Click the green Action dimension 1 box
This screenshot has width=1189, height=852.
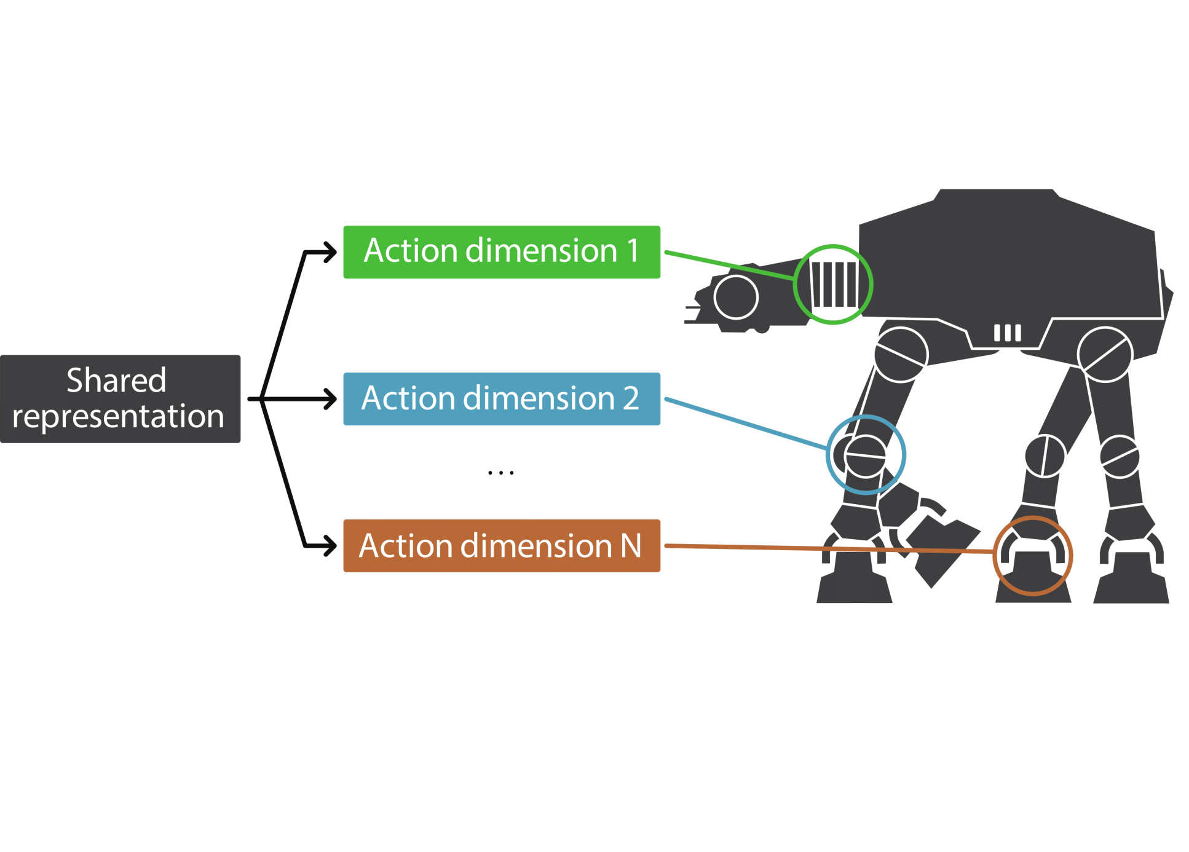pyautogui.click(x=501, y=252)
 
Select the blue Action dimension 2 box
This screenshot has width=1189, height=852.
pyautogui.click(x=501, y=399)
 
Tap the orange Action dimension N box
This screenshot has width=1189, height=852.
pyautogui.click(x=501, y=546)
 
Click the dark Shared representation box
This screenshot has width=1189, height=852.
pyautogui.click(x=120, y=399)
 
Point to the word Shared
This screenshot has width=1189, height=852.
pyautogui.click(x=116, y=381)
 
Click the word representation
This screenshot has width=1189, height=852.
pyautogui.click(x=118, y=416)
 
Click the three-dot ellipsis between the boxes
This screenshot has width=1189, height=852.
pyautogui.click(x=500, y=473)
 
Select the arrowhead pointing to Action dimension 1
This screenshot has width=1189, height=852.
pyautogui.click(x=331, y=251)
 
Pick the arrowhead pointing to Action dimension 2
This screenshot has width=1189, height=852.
pyautogui.click(x=331, y=399)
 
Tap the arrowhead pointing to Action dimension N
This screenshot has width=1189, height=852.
pyautogui.click(x=331, y=546)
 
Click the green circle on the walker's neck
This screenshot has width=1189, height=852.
pyautogui.click(x=832, y=284)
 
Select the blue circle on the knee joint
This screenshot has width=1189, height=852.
pyautogui.click(x=866, y=455)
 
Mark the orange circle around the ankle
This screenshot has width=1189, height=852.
pyautogui.click(x=1033, y=556)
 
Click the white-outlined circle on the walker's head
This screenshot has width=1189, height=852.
pyautogui.click(x=736, y=297)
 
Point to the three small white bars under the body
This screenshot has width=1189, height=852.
pyautogui.click(x=1007, y=333)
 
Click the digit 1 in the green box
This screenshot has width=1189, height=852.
pyautogui.click(x=632, y=251)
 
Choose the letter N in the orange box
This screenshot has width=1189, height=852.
pyautogui.click(x=631, y=546)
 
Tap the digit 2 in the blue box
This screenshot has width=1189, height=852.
pyautogui.click(x=631, y=398)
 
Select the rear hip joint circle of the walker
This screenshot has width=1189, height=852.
pyautogui.click(x=1105, y=355)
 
